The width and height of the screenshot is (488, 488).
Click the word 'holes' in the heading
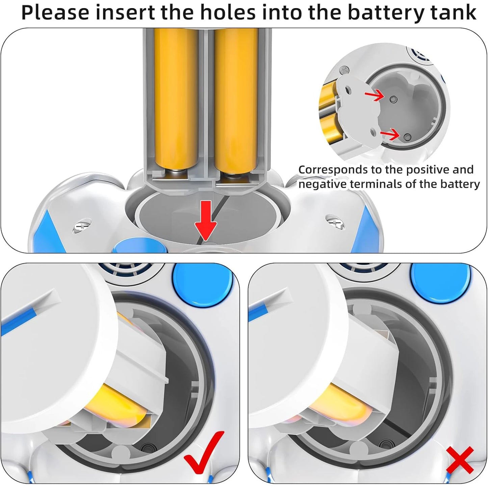click(x=223, y=12)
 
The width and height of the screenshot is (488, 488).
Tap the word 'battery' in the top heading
click(x=385, y=12)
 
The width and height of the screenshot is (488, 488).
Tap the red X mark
click(x=460, y=460)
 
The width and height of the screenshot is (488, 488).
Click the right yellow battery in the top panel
click(x=236, y=101)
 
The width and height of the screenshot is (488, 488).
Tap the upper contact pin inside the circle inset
click(x=392, y=99)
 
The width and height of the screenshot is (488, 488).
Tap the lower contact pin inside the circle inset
click(x=407, y=137)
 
